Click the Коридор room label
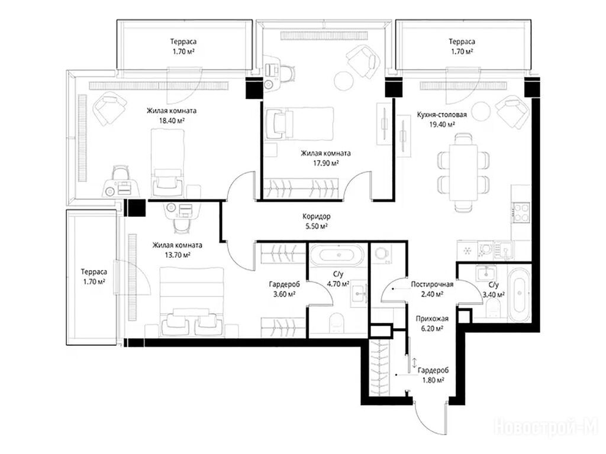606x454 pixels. [x=316, y=216]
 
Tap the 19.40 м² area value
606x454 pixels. [x=441, y=124]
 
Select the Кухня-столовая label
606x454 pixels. [x=441, y=115]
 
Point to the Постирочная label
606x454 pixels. [x=431, y=284]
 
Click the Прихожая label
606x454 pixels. [x=432, y=319]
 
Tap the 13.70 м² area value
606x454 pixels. [x=177, y=255]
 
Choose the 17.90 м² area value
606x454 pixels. [x=326, y=163]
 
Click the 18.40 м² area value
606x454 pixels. [x=171, y=120]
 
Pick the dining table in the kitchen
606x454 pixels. [x=463, y=172]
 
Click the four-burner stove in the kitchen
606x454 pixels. [x=521, y=213]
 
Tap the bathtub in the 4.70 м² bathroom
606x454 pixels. [x=337, y=255]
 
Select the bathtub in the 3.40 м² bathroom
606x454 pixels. [x=518, y=296]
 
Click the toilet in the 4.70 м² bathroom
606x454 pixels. [x=337, y=323]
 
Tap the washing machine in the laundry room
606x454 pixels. [x=382, y=254]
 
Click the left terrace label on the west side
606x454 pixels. [x=94, y=277]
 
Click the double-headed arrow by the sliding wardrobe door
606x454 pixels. [x=414, y=362]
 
